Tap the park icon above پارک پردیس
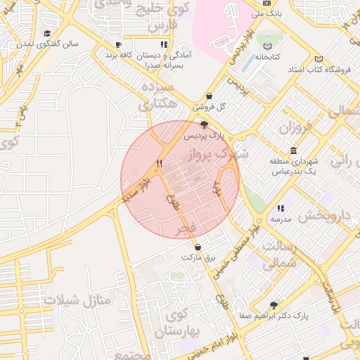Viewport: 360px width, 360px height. [204, 124]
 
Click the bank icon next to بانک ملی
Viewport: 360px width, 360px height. [266, 3]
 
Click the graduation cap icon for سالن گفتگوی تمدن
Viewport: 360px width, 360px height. [47, 32]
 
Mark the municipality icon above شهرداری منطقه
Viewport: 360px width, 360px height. [292, 151]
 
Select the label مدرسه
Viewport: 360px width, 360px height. [281, 219]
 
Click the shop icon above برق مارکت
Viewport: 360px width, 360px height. [199, 247]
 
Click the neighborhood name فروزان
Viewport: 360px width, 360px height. [295, 128]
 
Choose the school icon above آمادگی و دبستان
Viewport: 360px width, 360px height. [163, 44]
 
